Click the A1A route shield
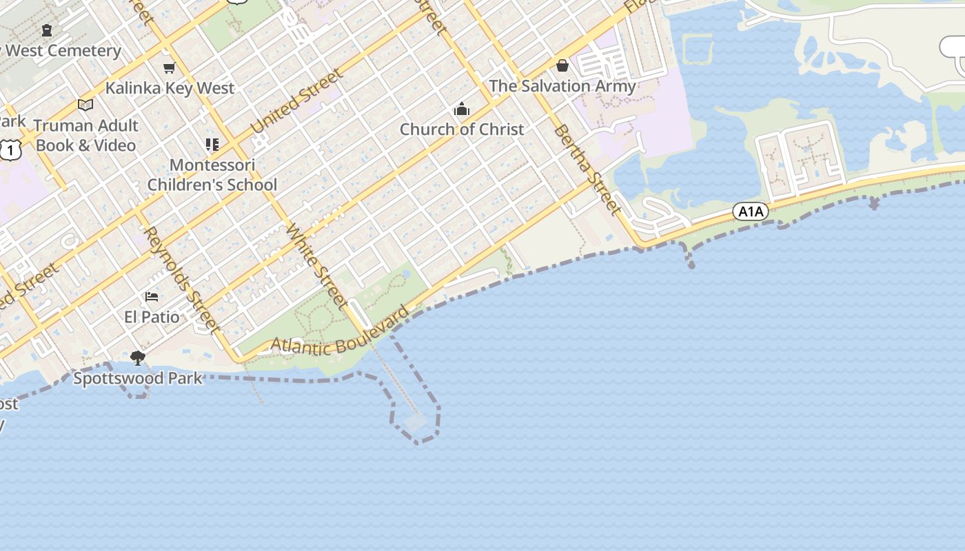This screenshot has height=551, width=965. [x=751, y=211]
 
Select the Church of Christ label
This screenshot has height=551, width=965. [x=462, y=129]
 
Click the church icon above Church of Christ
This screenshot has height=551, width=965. [x=461, y=110]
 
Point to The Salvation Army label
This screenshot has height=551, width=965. [x=562, y=86]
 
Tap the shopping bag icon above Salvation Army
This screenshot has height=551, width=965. [x=562, y=65]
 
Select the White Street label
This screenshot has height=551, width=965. [x=318, y=266]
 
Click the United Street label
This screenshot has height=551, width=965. [x=297, y=101]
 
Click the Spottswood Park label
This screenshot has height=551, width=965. [x=138, y=378]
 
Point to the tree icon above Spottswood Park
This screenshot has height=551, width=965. [x=138, y=357]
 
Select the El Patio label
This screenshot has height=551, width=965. [x=152, y=318]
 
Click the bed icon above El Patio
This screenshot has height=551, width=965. [x=152, y=297]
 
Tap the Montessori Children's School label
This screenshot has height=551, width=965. [x=212, y=175]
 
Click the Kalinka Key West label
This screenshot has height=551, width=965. [x=170, y=88]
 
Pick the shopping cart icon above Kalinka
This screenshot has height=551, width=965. [x=169, y=67]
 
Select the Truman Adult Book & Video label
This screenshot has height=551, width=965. [x=86, y=136]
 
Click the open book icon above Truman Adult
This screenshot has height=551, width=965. [x=85, y=105]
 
